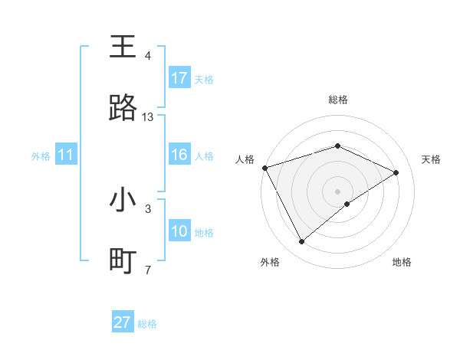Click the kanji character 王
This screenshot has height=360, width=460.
pos(123,47)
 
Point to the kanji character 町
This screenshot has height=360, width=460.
pos(123,261)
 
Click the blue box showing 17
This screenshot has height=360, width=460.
pos(179,78)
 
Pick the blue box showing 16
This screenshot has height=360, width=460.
pos(179,155)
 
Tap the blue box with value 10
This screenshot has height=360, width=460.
pos(179,231)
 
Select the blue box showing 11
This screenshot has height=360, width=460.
pos(66,155)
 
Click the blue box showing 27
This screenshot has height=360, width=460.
pos(123,322)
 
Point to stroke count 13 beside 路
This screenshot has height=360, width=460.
pos(148,117)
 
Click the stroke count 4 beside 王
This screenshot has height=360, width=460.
pos(148,56)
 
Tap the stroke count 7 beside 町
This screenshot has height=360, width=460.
pos(148,270)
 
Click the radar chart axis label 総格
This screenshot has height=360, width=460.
pos(338,100)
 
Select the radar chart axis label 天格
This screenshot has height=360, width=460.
pos(431,159)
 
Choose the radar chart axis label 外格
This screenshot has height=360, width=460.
pos(269,263)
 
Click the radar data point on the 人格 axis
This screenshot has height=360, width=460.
pos(264,168)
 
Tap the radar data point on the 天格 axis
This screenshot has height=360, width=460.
pos(396,172)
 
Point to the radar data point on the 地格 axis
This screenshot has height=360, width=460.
pos(347,204)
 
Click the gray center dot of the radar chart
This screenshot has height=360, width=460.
pos(338,191)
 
